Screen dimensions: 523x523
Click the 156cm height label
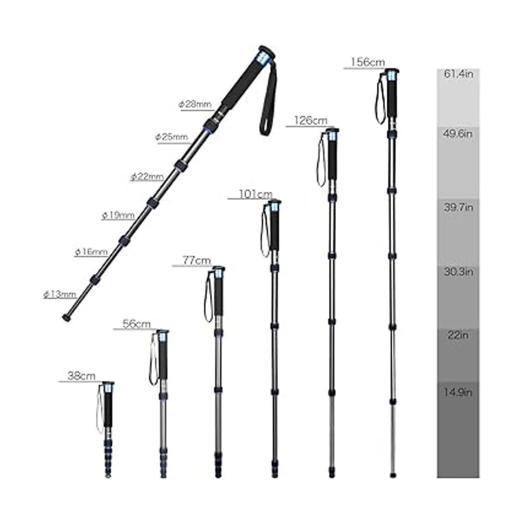[x=368, y=62]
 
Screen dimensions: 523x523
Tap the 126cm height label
[x=311, y=120]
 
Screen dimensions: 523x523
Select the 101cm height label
[x=255, y=194]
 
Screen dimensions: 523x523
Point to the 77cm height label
[x=197, y=261]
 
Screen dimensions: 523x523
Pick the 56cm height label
[x=136, y=324]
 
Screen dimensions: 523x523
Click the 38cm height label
[x=82, y=376]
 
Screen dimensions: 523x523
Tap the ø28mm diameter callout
[x=195, y=104]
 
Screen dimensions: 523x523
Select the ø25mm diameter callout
[x=172, y=137]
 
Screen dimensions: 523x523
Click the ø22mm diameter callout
[x=147, y=177]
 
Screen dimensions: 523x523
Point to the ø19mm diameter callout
[x=119, y=215]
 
